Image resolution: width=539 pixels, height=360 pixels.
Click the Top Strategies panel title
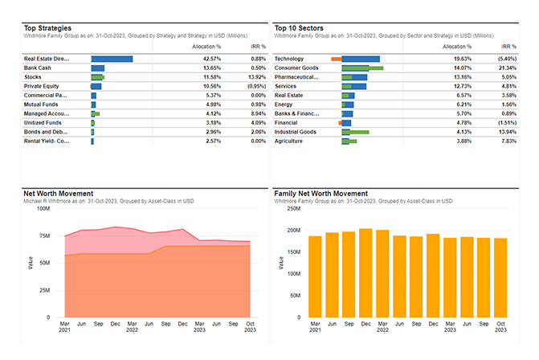[48, 27]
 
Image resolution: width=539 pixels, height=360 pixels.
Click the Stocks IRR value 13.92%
[255, 77]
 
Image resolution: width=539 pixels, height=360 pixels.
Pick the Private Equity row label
[43, 86]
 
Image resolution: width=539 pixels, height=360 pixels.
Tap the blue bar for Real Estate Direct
[112, 59]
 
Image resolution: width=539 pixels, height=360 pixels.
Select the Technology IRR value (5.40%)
[507, 59]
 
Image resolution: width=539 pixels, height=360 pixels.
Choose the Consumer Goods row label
[296, 67]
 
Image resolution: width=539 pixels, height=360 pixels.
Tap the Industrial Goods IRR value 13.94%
[507, 132]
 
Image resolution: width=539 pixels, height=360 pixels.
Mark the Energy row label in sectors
[285, 104]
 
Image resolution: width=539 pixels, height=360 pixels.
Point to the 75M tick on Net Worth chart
[44, 235]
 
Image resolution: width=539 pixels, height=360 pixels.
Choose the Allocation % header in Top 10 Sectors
[457, 47]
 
